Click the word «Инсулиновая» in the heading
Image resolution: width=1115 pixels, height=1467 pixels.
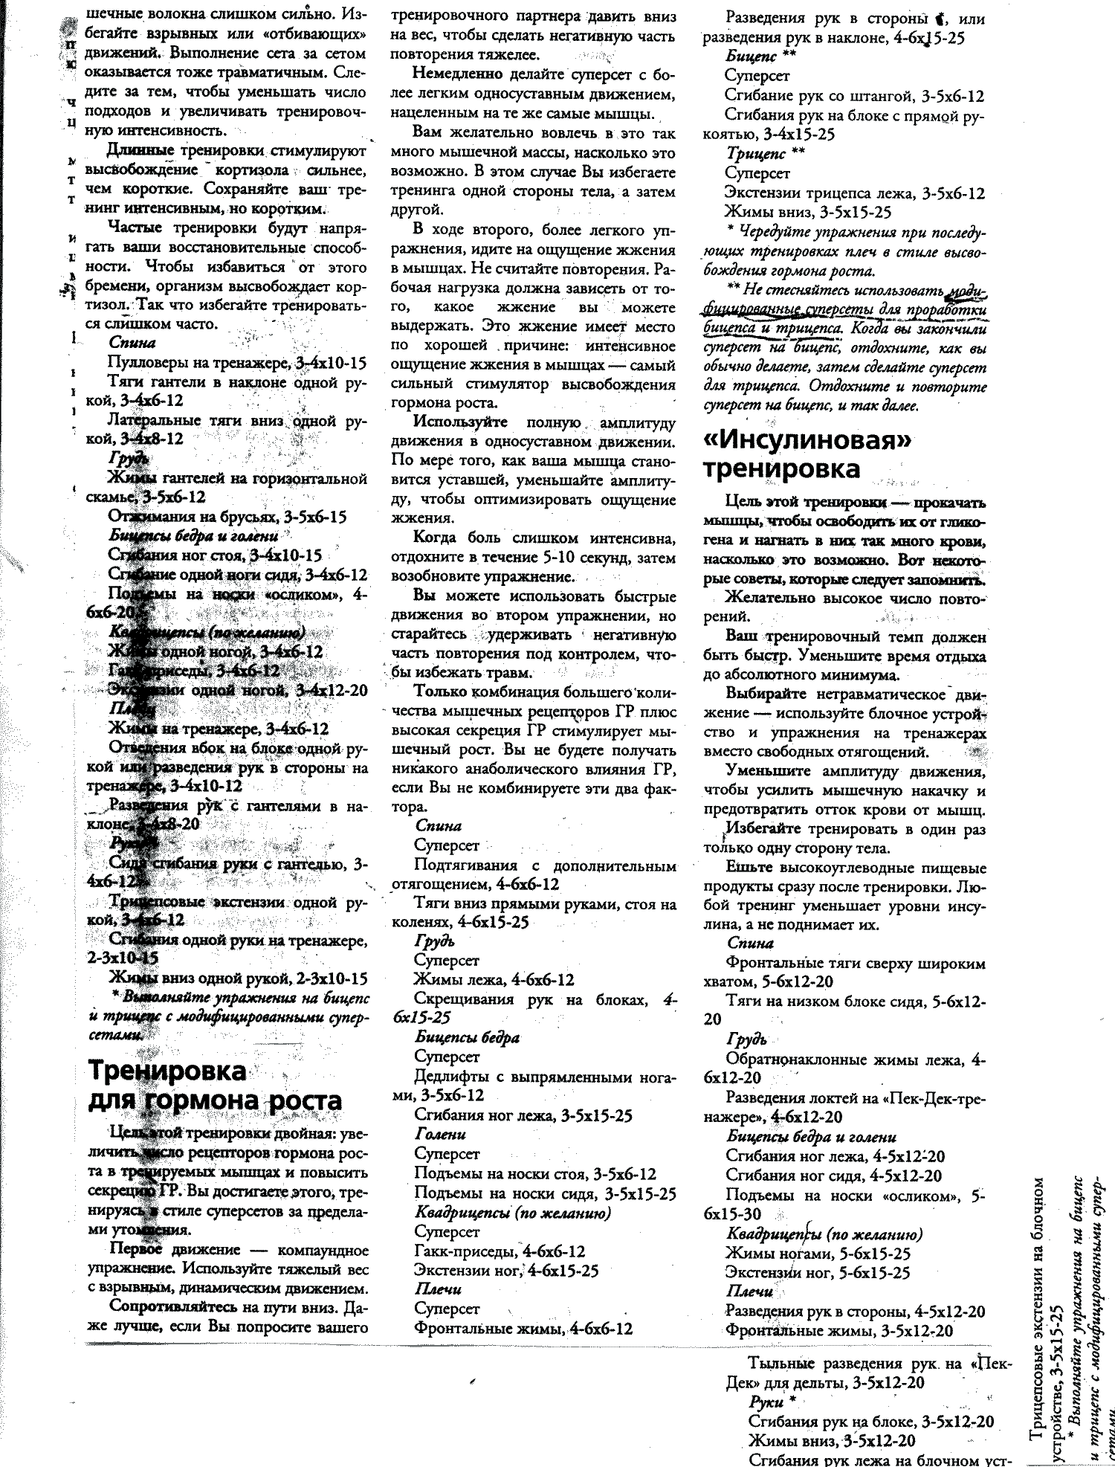807,440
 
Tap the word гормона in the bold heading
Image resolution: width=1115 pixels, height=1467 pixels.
203,1100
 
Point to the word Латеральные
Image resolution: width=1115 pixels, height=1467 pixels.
154,420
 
